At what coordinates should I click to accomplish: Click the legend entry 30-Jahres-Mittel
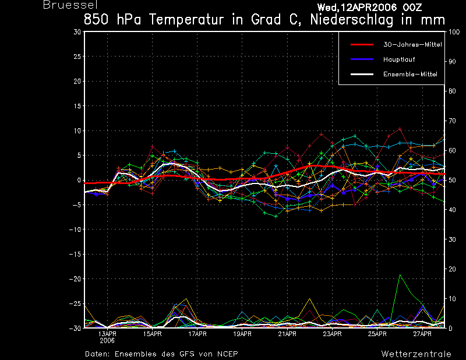pos(412,44)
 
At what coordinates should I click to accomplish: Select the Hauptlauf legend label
pos(399,59)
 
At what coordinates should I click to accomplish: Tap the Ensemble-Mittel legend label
pos(410,74)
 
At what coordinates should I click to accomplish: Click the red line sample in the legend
pos(362,45)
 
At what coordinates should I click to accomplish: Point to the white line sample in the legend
pos(362,74)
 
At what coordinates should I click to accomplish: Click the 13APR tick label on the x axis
pos(107,334)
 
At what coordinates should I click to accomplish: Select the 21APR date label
pos(287,334)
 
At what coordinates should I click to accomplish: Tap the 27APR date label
pos(422,334)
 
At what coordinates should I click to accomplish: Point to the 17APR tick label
pos(197,334)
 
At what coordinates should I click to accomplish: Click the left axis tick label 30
pos(77,32)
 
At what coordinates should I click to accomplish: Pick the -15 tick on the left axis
pos(75,254)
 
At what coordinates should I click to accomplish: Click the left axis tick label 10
pos(77,130)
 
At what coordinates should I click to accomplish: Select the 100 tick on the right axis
pos(454,32)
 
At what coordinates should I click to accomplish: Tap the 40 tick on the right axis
pos(452,210)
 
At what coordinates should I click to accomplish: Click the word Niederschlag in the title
pos(352,20)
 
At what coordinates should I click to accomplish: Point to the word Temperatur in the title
pos(186,20)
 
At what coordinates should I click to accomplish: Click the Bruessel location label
pos(70,5)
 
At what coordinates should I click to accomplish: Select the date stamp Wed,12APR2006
pos(356,7)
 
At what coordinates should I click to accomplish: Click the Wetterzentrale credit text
pos(416,354)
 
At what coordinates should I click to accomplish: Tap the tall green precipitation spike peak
pos(400,275)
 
